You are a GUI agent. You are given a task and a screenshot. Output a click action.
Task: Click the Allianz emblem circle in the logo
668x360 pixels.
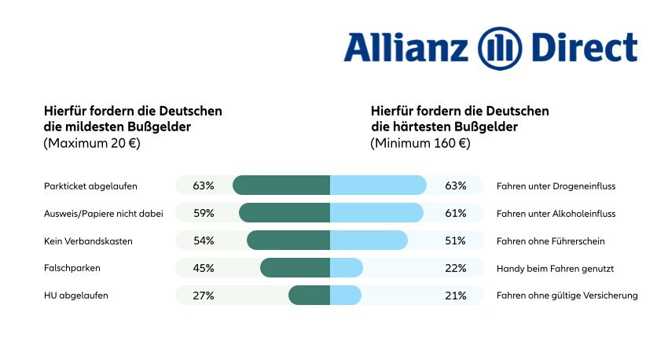[501, 48]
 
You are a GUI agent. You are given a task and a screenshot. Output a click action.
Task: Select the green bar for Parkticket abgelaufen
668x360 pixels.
[281, 186]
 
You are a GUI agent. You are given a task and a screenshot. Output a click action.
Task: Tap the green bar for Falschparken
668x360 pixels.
[295, 268]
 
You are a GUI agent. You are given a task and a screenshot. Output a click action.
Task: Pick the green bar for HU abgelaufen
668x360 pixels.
[309, 296]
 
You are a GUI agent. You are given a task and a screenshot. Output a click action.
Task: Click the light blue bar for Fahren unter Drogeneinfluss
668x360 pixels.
[378, 186]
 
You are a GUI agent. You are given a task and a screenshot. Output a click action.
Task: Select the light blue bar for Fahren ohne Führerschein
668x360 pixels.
[369, 241]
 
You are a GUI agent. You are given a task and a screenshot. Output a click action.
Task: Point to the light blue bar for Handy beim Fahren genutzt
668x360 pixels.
[347, 268]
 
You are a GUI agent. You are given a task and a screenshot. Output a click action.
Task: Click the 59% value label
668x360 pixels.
[204, 213]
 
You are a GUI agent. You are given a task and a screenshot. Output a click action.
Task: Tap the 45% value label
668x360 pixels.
[204, 268]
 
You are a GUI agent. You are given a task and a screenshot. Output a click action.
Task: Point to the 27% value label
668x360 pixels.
[204, 296]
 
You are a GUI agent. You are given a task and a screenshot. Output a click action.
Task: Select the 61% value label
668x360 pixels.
[456, 213]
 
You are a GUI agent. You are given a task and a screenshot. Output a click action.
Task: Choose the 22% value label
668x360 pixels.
[456, 268]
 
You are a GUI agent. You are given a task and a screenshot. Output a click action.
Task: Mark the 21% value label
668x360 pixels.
[456, 296]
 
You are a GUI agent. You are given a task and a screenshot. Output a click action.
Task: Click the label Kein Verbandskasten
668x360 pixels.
[89, 241]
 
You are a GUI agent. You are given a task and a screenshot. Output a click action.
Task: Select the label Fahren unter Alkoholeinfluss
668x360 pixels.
[556, 213]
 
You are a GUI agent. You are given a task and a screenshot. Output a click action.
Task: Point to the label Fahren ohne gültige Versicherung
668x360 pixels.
[567, 296]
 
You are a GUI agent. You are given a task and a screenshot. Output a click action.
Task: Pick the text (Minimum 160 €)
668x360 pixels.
[420, 143]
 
